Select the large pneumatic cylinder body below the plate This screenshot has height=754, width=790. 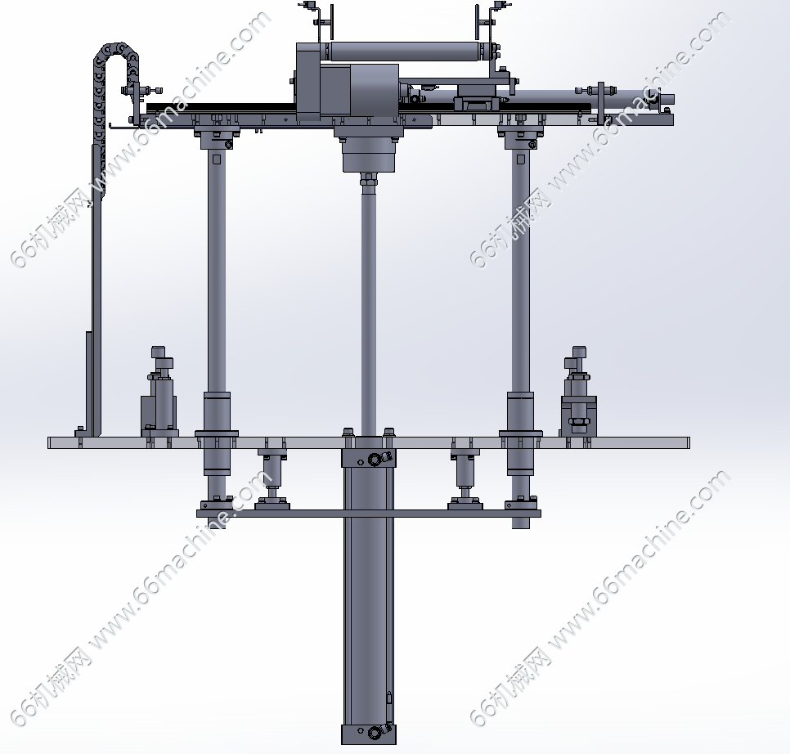tap(369, 595)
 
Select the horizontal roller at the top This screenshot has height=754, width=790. tap(403, 52)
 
